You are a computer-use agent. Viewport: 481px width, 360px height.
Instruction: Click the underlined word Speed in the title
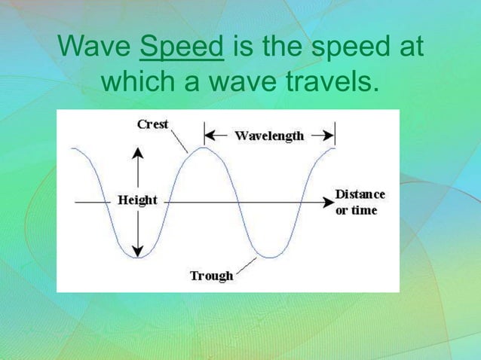(182, 47)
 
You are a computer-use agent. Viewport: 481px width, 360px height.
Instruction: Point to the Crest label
(152, 124)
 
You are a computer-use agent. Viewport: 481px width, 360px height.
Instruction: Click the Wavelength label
(269, 136)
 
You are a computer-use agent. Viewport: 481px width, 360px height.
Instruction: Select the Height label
(137, 200)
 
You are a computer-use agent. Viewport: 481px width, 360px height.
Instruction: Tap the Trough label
(211, 276)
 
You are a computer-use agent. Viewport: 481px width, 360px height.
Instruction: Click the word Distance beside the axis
(360, 194)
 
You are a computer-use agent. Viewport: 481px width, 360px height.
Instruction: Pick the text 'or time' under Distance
(356, 210)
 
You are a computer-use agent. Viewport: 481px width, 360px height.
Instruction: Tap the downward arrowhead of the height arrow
(137, 251)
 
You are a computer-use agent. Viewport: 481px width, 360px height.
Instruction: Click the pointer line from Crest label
(179, 141)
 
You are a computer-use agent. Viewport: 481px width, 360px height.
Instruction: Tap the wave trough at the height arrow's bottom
(137, 258)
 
